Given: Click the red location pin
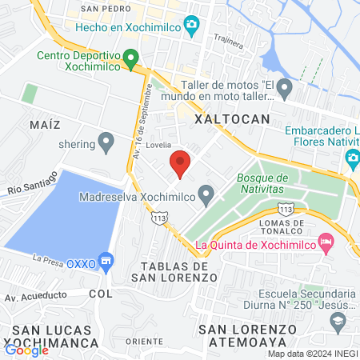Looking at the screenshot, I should [180, 163].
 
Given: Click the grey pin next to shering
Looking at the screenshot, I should [106, 144].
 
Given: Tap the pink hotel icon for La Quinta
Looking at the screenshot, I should [325, 241].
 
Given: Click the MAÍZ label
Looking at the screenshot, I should [46, 126].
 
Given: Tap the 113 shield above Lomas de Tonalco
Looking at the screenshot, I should [286, 208].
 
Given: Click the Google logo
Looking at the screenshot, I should [27, 350].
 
